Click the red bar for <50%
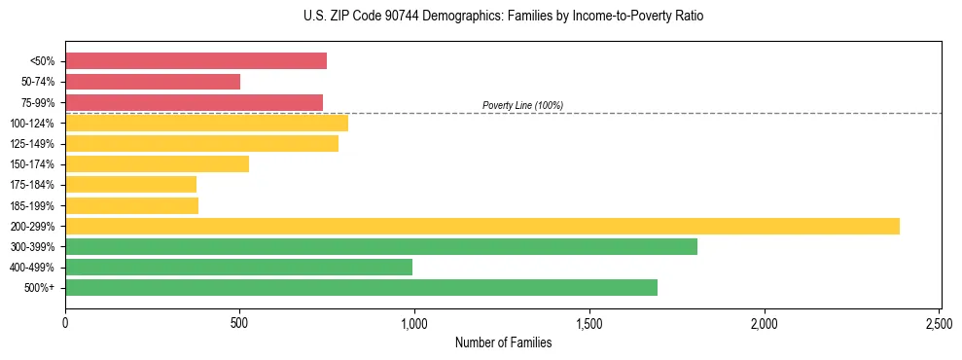tap(196, 61)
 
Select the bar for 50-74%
tap(153, 82)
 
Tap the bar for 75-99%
tap(194, 102)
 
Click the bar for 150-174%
tap(157, 164)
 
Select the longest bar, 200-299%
tap(481, 227)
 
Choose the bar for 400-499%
tap(238, 268)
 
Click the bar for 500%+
tap(361, 288)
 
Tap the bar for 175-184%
tap(130, 185)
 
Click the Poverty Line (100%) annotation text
tap(522, 105)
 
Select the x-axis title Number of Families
tap(503, 342)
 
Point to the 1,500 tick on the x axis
tap(589, 320)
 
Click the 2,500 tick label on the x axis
tap(939, 320)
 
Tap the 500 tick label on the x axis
tap(239, 320)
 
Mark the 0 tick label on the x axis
tap(65, 320)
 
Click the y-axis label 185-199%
tap(32, 206)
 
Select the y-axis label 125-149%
tap(32, 144)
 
